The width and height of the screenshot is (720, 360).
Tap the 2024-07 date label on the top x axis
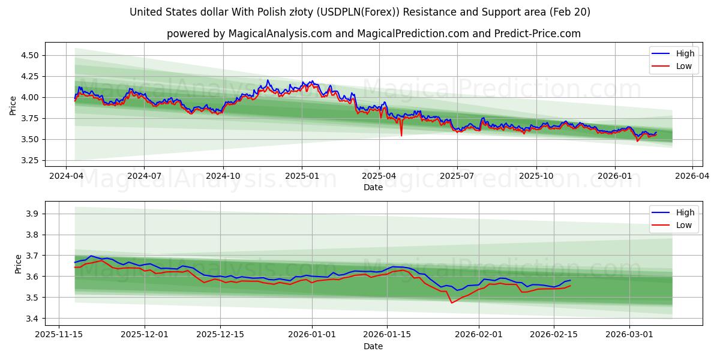[x=144, y=176]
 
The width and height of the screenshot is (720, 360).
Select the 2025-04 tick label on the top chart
[x=379, y=176]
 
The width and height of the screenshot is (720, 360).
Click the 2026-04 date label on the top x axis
[x=692, y=176]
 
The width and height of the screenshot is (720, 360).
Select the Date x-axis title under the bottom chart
[x=373, y=346]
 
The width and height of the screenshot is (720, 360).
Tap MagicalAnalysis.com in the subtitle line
[x=280, y=34]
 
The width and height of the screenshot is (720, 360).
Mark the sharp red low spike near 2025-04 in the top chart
[x=401, y=135]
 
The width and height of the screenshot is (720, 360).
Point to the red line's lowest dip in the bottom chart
[x=452, y=302]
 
